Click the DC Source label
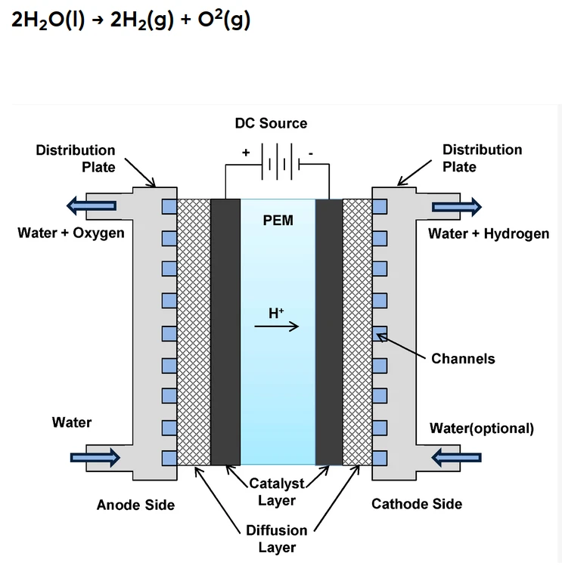coord(271,123)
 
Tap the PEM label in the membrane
coord(278,221)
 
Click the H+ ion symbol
coord(276,311)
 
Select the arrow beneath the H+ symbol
coord(277,327)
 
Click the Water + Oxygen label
coord(71,233)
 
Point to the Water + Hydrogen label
coord(489,233)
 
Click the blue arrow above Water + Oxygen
coord(92,205)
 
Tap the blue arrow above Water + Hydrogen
coord(455,205)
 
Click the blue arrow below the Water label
coord(95,456)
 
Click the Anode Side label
coord(135,505)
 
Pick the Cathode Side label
coord(417,504)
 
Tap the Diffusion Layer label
coord(277,539)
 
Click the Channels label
coord(463,358)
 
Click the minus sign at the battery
coord(310,152)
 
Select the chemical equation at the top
coord(131,20)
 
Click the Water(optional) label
coord(482,428)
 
